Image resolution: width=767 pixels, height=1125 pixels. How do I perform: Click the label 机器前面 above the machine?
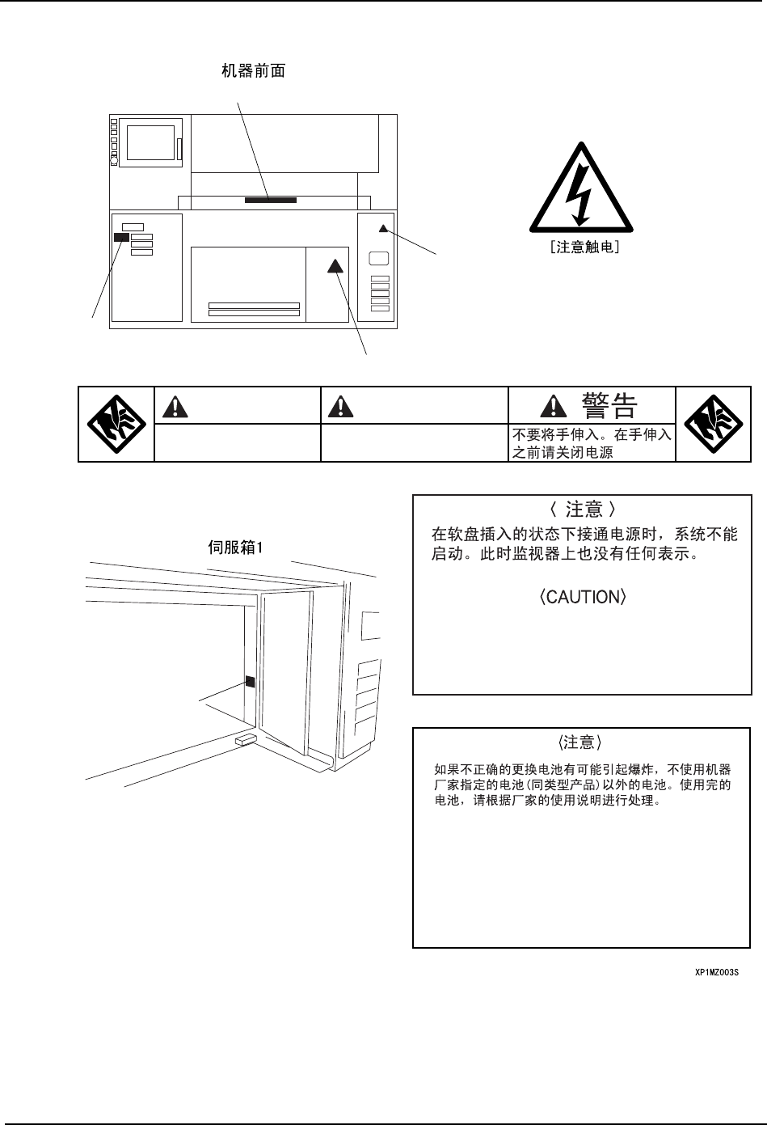click(253, 71)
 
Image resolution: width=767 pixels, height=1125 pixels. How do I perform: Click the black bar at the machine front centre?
click(271, 198)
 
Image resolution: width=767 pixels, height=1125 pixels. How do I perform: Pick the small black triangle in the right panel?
click(383, 228)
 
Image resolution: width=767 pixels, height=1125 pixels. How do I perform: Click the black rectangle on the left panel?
click(120, 237)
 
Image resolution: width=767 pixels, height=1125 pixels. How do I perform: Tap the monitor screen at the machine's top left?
click(150, 142)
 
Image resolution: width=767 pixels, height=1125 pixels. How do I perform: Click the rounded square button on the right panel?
click(379, 259)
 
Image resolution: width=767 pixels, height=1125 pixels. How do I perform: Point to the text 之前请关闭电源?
click(562, 453)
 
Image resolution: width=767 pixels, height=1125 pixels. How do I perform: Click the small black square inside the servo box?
click(250, 682)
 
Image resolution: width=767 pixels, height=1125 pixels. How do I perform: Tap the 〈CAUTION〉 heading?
click(582, 598)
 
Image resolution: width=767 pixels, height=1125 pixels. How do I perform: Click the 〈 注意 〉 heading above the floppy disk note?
click(582, 509)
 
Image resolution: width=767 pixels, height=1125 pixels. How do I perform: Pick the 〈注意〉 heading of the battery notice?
click(579, 742)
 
